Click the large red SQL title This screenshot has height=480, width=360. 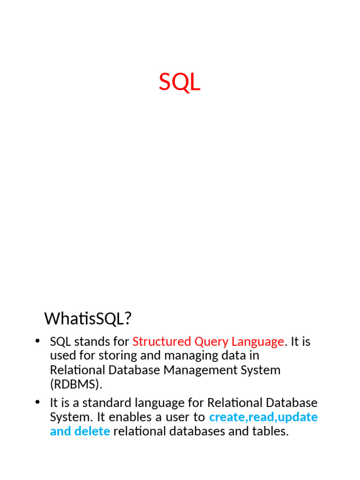180,83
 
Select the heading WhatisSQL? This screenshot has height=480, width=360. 88,319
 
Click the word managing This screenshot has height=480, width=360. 193,355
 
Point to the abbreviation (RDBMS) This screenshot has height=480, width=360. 75,384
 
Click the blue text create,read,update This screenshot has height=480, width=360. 263,417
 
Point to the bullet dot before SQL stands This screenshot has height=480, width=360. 37,341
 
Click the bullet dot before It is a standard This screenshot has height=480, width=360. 37,402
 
